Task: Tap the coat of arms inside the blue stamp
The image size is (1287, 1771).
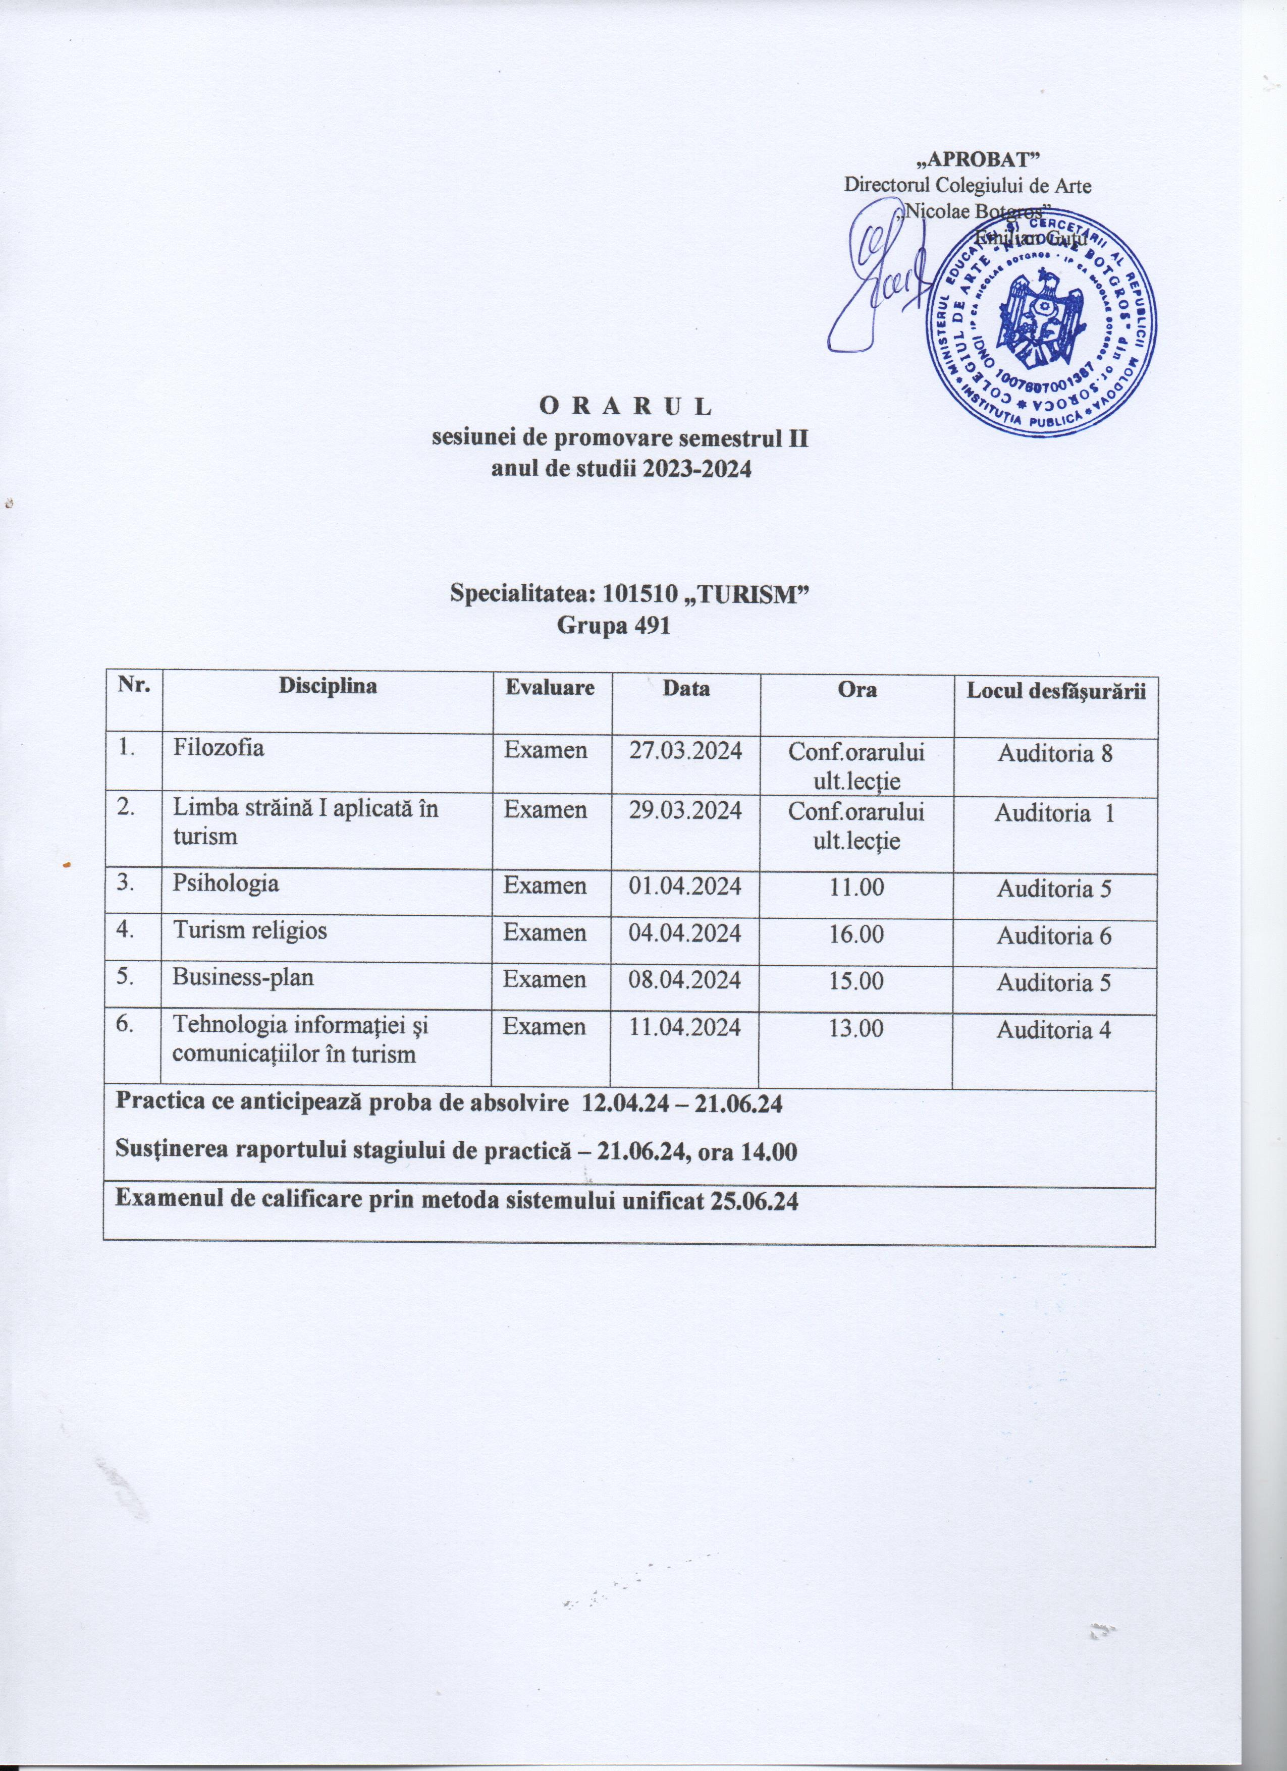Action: pyautogui.click(x=1043, y=317)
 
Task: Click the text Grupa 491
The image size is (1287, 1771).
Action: pyautogui.click(x=615, y=626)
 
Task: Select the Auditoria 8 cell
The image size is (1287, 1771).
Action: pyautogui.click(x=1053, y=753)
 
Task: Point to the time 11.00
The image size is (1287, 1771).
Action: pyautogui.click(x=856, y=887)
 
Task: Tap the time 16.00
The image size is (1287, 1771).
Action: pyautogui.click(x=856, y=934)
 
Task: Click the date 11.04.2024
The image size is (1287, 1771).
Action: pyautogui.click(x=686, y=1028)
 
